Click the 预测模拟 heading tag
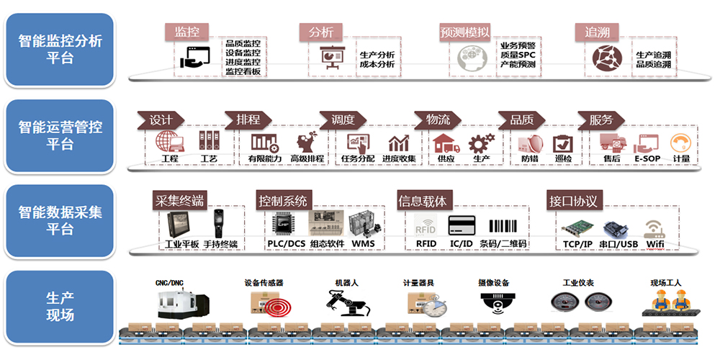[465, 32]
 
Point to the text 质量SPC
[518, 55]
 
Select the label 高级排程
[307, 158]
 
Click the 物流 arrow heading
[438, 120]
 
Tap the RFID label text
[426, 244]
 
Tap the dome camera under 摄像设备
[495, 303]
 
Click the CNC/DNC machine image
[183, 303]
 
